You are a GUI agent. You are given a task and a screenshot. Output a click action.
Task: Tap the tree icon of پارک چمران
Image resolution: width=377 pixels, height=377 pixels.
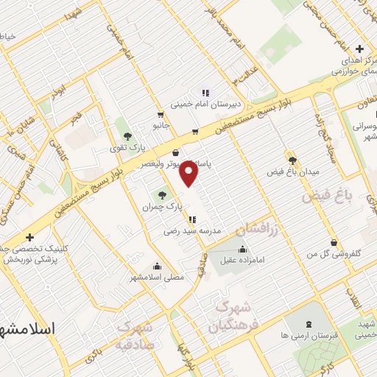(x=162, y=195)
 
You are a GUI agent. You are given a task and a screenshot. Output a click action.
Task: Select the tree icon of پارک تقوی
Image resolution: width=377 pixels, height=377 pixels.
(x=127, y=136)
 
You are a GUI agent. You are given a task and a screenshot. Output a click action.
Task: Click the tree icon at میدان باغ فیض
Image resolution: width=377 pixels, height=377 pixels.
(x=293, y=160)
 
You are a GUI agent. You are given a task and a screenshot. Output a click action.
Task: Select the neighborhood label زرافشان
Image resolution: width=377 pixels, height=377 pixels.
(x=258, y=230)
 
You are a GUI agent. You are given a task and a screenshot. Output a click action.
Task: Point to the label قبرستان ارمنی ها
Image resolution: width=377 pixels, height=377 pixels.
(x=309, y=335)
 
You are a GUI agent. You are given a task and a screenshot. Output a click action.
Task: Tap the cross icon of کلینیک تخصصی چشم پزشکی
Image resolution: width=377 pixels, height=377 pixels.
(x=29, y=237)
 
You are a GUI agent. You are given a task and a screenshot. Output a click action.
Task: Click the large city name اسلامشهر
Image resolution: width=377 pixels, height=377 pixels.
(x=27, y=328)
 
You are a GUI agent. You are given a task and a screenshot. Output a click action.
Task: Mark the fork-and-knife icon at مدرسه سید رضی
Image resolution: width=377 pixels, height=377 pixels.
(x=192, y=219)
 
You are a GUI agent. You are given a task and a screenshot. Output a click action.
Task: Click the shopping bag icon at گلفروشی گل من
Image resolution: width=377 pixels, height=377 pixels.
(x=335, y=242)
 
